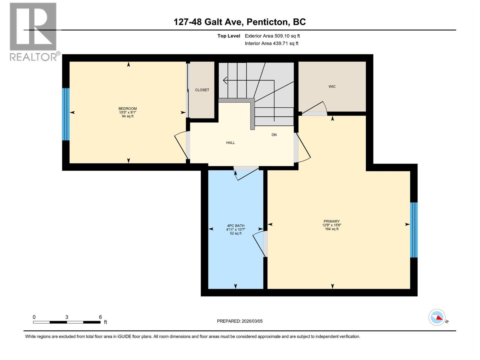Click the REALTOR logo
click(33, 31)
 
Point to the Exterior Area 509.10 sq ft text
click(272, 36)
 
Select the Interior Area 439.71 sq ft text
click(271, 43)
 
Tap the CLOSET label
click(202, 90)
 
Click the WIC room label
click(332, 87)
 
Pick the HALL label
click(230, 143)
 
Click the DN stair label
click(274, 135)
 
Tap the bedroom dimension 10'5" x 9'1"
click(127, 112)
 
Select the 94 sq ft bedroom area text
click(127, 116)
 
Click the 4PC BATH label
click(235, 226)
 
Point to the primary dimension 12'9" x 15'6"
click(332, 225)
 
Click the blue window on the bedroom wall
click(66, 114)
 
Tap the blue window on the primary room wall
click(414, 230)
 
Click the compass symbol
click(437, 317)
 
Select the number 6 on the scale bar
click(100, 317)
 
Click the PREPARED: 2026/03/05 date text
click(240, 321)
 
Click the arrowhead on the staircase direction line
click(225, 80)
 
